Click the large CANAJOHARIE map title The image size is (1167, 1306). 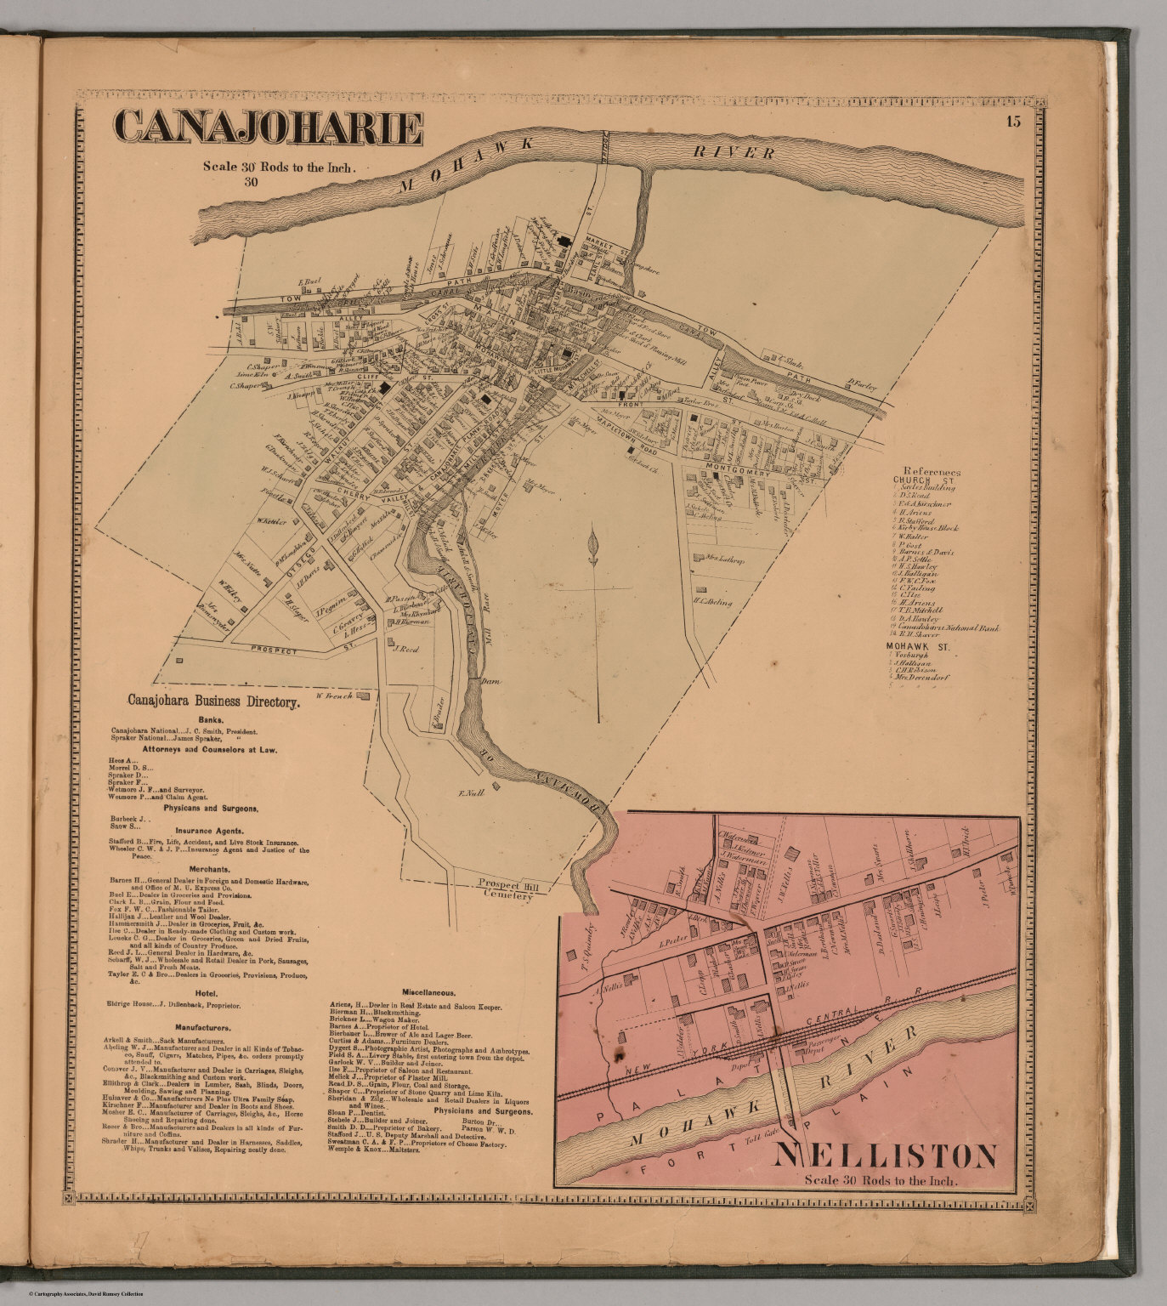269,128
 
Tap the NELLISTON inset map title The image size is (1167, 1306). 885,1156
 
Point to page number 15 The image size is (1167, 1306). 1011,122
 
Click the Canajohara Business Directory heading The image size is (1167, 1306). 213,702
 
